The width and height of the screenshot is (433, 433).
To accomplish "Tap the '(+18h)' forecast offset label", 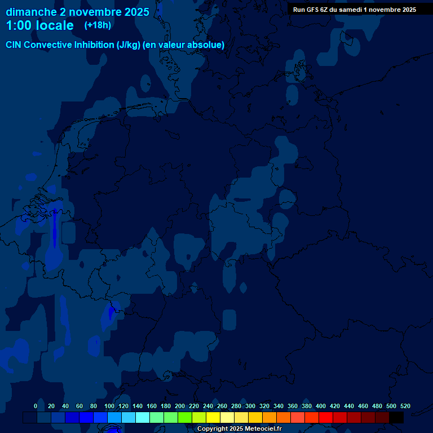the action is click(98, 25).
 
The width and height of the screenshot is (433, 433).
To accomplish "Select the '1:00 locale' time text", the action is click(39, 25).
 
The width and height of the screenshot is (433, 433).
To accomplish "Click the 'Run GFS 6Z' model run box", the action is click(354, 9).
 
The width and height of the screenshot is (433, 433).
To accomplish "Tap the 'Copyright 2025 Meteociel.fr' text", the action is click(239, 429).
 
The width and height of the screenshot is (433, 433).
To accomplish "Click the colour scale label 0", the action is click(36, 406).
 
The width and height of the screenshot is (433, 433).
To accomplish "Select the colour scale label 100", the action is click(109, 406).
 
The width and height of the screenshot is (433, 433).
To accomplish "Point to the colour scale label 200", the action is click(180, 406).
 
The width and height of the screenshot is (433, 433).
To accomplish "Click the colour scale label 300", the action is click(250, 406).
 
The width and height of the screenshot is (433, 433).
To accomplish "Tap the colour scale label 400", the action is click(321, 406).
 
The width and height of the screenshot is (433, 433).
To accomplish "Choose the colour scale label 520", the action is click(405, 406).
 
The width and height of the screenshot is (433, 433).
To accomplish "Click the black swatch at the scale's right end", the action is click(396, 418).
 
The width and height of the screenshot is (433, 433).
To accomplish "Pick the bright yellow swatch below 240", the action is click(213, 418).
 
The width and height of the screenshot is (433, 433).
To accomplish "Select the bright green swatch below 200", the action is click(185, 418).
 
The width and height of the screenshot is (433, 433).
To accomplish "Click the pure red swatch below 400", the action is click(326, 418).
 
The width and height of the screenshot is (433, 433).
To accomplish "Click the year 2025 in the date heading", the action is click(136, 12).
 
